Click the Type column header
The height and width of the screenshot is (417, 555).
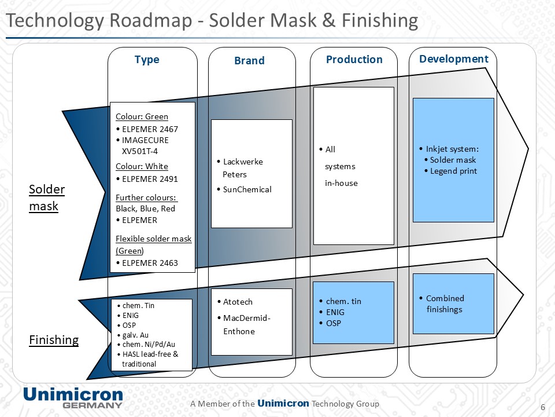click(147, 60)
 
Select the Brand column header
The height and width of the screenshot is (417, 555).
click(249, 61)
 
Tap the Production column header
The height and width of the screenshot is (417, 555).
click(354, 60)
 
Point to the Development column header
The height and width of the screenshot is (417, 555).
click(454, 59)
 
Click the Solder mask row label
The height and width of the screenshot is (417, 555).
click(47, 197)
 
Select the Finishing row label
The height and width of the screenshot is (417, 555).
click(54, 340)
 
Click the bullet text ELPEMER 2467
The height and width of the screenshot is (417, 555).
click(149, 129)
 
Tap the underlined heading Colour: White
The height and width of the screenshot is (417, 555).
click(142, 166)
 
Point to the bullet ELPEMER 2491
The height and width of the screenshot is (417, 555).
click(149, 178)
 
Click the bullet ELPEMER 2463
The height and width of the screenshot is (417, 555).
click(149, 262)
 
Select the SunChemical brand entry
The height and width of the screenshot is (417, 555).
click(247, 189)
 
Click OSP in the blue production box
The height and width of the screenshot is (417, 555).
click(334, 323)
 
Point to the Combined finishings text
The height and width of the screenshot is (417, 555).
click(445, 303)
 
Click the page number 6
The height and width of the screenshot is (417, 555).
click(542, 406)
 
